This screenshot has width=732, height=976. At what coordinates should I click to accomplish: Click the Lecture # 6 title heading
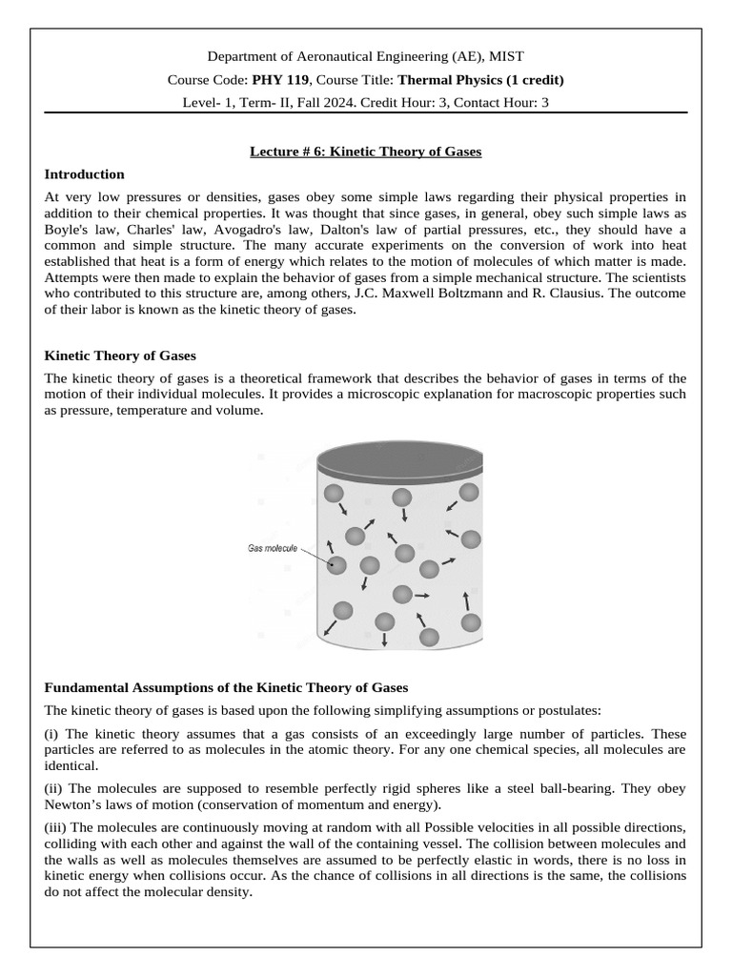click(365, 151)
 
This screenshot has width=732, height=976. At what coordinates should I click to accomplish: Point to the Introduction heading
click(85, 174)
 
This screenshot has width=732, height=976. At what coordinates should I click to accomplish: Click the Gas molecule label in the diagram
click(273, 549)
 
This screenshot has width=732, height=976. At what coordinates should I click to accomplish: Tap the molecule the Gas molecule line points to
click(335, 565)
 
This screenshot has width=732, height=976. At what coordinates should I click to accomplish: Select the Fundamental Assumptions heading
click(226, 686)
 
